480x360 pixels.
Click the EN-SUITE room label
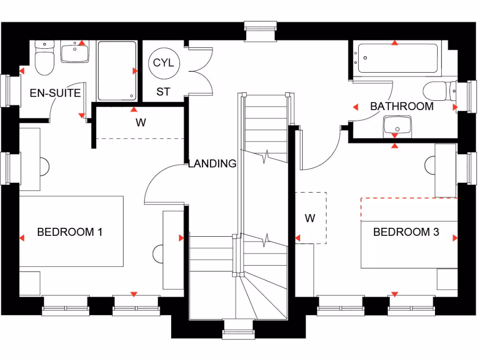pos(55,93)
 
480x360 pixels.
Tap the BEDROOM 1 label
pos(70,232)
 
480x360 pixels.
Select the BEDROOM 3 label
pos(406,232)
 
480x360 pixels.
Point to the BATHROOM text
pos(402,106)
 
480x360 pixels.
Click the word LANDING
pos(212,164)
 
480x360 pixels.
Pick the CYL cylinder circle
pos(163,63)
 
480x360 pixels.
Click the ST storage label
pos(163,92)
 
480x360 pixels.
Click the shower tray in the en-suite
pos(117,71)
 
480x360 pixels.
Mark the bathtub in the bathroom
pos(397,59)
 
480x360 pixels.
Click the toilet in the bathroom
pos(438,91)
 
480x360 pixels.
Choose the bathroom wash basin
pos(397,125)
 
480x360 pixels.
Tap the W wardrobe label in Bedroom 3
pos(310,218)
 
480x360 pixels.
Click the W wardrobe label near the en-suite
pos(141,123)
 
